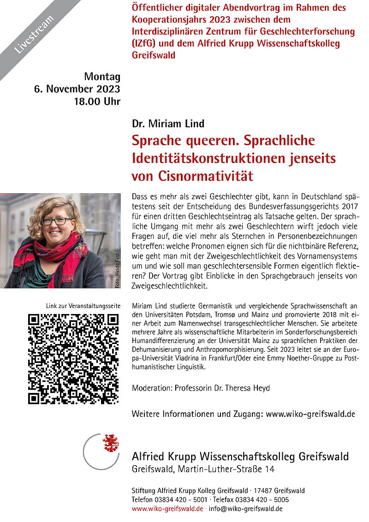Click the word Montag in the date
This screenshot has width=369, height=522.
[102, 77]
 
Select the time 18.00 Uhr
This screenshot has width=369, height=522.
[97, 101]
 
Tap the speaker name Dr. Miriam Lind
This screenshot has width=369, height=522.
[168, 124]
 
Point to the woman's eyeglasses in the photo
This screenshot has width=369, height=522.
[57, 221]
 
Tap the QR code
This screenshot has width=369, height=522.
[73, 359]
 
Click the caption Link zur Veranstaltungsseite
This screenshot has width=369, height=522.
[83, 306]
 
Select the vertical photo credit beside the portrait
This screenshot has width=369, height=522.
[117, 273]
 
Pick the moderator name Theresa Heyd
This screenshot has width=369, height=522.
[247, 388]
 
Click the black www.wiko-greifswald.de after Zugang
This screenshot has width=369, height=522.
[310, 414]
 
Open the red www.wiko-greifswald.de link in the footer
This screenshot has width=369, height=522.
[167, 509]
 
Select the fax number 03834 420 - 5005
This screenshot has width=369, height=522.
[262, 499]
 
